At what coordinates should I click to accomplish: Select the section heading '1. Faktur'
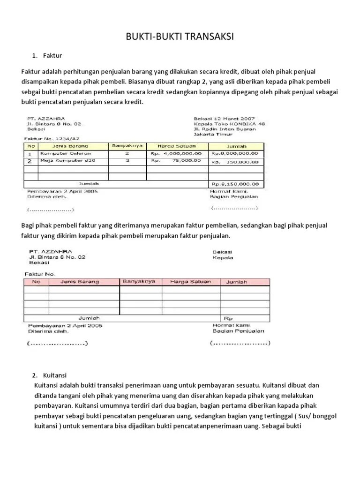coord(47,56)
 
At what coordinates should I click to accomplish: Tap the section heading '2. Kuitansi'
coord(50,375)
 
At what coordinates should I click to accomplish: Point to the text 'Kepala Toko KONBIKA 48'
coord(229,124)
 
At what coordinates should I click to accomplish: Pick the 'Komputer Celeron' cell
coord(66,153)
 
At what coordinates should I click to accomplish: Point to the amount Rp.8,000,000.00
coord(235,153)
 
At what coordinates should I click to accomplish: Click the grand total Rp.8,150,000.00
coord(235,184)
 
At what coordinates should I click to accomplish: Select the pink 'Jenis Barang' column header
coord(80,282)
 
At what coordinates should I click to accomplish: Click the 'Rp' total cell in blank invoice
coord(230,317)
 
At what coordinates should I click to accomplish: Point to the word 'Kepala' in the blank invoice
coord(223,257)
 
